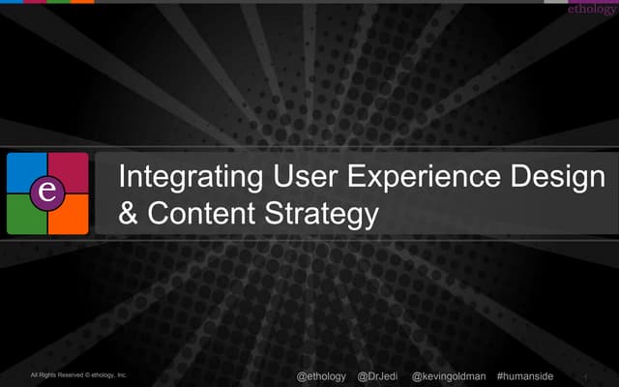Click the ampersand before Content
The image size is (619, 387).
[127, 213]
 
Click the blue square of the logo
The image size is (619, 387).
[27, 172]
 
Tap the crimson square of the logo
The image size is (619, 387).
[70, 172]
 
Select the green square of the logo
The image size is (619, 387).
[27, 215]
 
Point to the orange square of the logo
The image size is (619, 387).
[70, 215]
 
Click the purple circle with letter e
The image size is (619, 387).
[47, 193]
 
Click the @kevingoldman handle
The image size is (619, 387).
[449, 375]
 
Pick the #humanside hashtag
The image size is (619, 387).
[524, 375]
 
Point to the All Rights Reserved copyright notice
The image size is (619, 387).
[78, 374]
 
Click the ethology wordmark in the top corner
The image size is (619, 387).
[591, 9]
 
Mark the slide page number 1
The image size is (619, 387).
[586, 376]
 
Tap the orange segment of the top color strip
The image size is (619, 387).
[82, 2]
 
